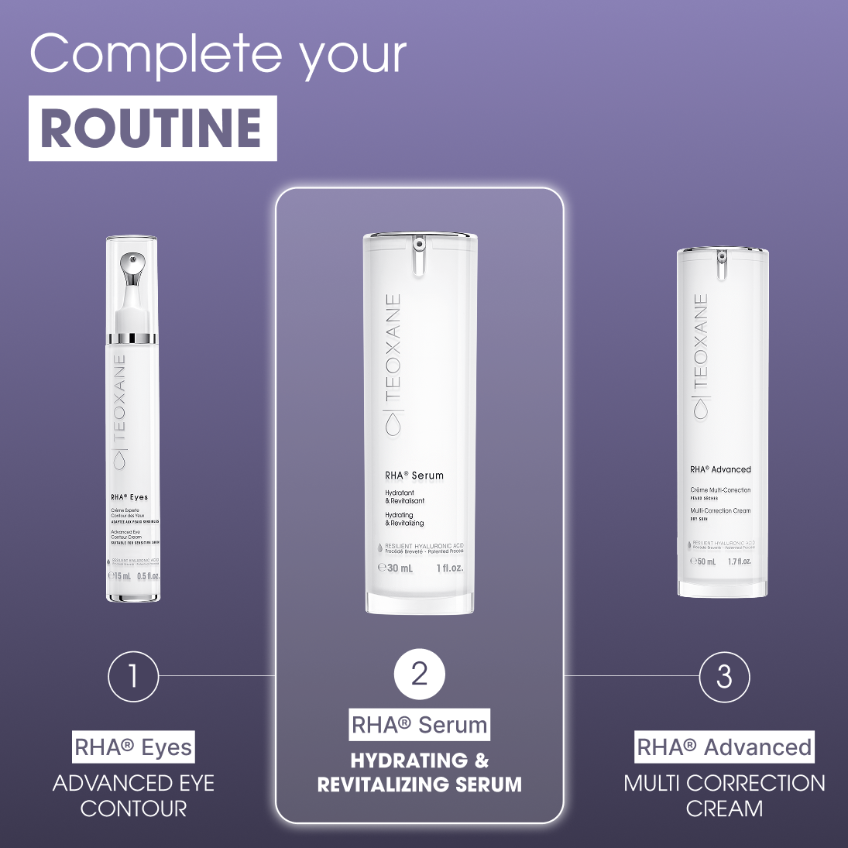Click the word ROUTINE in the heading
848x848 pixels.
pos(152,129)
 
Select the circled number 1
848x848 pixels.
pos(133,676)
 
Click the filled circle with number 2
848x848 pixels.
pos(419,674)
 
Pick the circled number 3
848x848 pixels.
pos(724,677)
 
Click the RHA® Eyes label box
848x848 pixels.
pos(133,748)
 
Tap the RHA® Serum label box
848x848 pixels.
pos(419,725)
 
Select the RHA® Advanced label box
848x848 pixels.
pos(724,747)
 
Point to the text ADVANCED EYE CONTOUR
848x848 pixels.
pos(133,796)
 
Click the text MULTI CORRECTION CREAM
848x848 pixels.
pos(724,796)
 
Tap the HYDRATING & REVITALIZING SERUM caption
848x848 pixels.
pos(419,772)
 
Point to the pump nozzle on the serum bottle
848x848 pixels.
pos(419,256)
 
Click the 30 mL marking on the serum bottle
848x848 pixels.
pos(396,568)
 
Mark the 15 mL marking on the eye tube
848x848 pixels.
pos(120,576)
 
